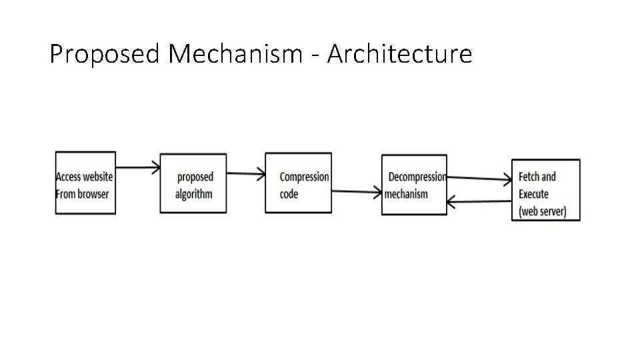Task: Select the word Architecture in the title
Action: [x=399, y=54]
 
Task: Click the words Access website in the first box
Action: [x=85, y=177]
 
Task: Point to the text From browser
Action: [x=82, y=194]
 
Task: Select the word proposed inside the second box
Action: [x=195, y=177]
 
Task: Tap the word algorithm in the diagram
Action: [x=193, y=194]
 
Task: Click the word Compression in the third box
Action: [x=304, y=177]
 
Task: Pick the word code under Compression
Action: [x=289, y=194]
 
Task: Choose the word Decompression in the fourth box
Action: [x=417, y=177]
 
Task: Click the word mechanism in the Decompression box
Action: [x=406, y=194]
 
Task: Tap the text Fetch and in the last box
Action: [x=537, y=177]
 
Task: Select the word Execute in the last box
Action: [x=533, y=194]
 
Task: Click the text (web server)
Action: [x=542, y=212]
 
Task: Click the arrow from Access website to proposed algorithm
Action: [x=138, y=167]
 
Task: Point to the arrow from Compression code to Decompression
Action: [x=356, y=192]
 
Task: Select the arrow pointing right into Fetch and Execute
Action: [x=479, y=178]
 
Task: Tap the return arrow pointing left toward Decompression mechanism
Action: [x=479, y=200]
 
